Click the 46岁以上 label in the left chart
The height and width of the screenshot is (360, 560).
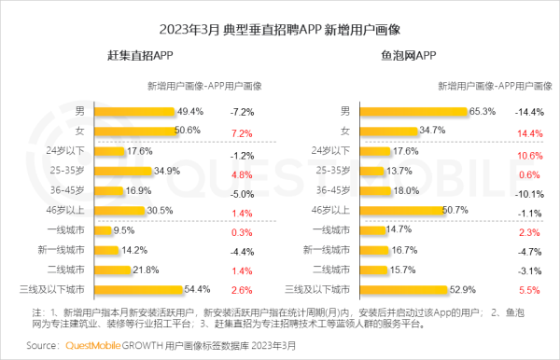(x=77, y=211)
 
